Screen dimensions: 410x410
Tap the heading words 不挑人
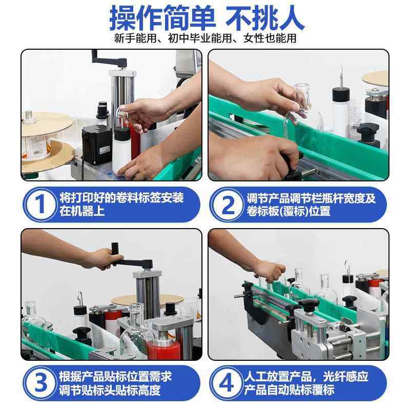pos(266,18)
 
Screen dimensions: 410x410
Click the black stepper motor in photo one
pos(96,145)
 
